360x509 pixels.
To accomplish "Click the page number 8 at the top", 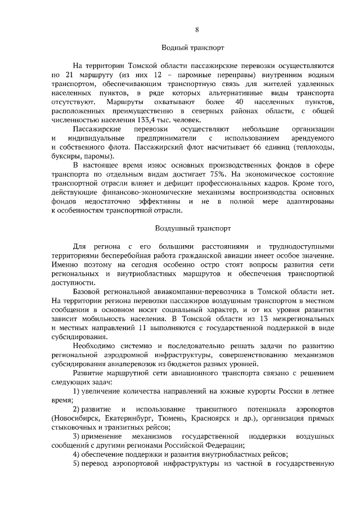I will pos(197,29).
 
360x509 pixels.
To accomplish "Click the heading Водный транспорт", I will pos(197,49).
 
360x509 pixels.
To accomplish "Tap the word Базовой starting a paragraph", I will pos(88,292).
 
